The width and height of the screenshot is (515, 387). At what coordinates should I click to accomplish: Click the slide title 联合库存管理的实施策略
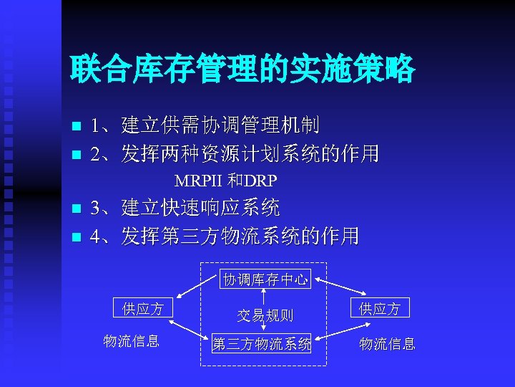(x=242, y=70)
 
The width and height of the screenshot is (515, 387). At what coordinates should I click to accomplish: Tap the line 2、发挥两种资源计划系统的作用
(x=235, y=153)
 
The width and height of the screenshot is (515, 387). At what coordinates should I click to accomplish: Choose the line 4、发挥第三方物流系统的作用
(x=225, y=236)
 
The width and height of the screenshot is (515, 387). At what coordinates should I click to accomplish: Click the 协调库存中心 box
(x=265, y=279)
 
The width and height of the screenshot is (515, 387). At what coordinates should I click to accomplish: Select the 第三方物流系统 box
(x=262, y=344)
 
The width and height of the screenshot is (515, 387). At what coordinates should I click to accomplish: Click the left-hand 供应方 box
(x=143, y=309)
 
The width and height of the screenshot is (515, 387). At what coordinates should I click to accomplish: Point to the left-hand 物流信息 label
(x=131, y=341)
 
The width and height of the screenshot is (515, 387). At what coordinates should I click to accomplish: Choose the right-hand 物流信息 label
(x=387, y=344)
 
